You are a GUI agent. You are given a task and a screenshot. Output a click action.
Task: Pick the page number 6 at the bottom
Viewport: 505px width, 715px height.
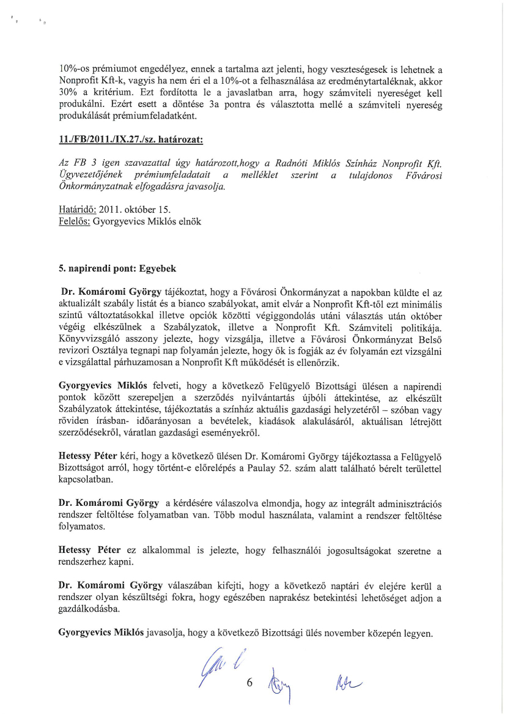point(249,684)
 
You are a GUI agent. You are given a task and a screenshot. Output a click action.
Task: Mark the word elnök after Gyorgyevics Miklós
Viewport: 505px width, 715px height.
point(188,221)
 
